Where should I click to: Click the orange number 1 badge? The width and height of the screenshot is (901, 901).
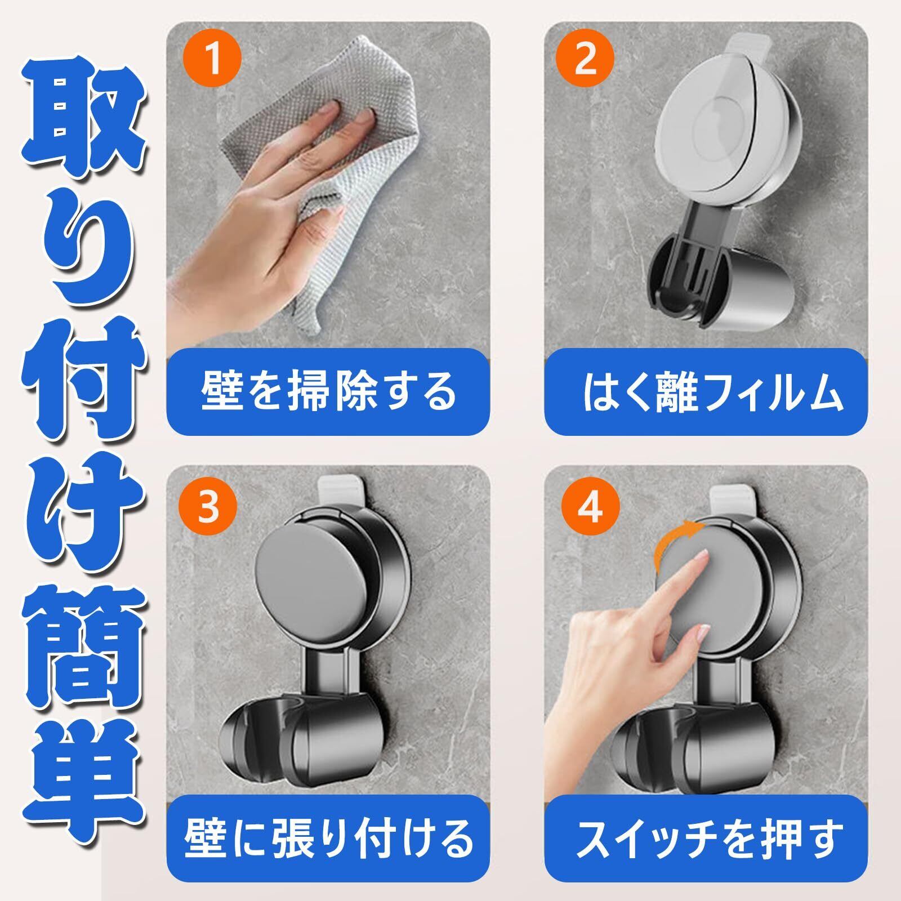[x=213, y=59]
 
